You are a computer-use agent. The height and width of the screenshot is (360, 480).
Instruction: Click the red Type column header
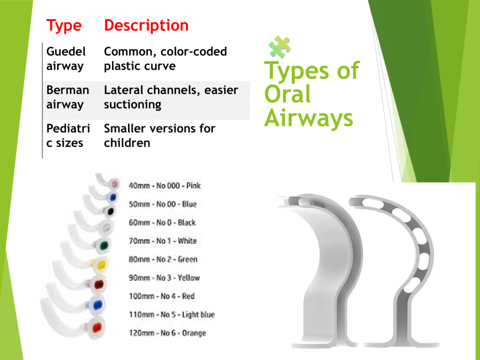(x=64, y=26)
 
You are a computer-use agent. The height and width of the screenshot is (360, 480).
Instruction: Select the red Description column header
(x=146, y=25)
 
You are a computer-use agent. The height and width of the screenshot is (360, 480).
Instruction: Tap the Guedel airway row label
(x=66, y=59)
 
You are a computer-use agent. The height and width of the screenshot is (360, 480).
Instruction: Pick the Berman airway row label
(x=67, y=97)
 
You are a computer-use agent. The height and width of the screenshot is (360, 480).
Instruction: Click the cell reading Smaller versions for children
(x=159, y=135)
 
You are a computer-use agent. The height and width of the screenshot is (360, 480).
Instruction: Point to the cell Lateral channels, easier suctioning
(x=171, y=97)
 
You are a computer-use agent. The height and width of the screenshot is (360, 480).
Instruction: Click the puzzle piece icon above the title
(x=279, y=47)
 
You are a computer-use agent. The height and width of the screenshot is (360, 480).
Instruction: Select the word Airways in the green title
(x=308, y=119)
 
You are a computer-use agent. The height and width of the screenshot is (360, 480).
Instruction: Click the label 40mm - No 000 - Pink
(x=165, y=186)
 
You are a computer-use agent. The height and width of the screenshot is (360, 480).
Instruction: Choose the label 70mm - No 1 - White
(x=163, y=241)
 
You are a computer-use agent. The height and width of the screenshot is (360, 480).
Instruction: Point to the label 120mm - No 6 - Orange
(x=167, y=333)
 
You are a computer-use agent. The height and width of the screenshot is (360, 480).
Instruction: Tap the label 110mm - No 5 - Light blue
(x=172, y=315)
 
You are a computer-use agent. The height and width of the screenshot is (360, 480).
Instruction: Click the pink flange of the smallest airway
(x=114, y=184)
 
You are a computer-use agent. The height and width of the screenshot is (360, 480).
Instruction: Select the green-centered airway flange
(x=104, y=245)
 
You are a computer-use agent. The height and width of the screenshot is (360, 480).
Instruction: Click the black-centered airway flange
(x=110, y=211)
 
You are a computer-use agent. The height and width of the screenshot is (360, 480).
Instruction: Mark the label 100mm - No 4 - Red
(x=162, y=296)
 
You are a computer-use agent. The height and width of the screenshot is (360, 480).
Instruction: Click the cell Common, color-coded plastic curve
(x=165, y=59)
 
